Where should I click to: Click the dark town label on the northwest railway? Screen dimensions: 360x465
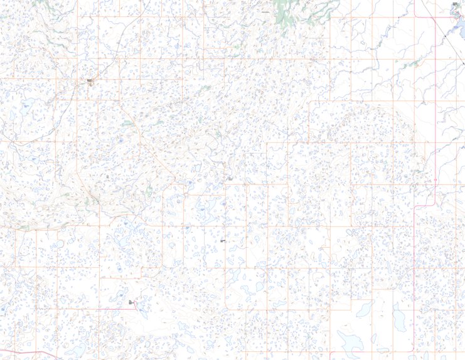90,81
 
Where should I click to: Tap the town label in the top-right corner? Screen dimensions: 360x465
456,4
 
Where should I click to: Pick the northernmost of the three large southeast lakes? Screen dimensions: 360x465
363,309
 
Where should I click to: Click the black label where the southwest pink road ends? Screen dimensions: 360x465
131,302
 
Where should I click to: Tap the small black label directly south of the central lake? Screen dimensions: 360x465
222,240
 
